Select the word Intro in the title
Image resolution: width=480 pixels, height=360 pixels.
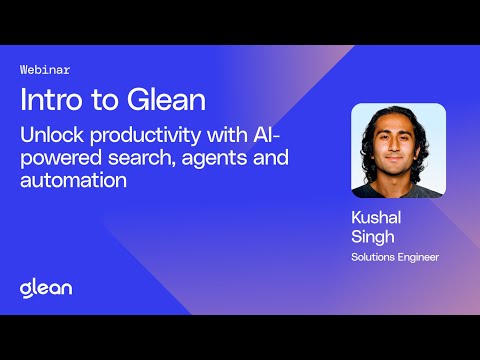[x=49, y=100]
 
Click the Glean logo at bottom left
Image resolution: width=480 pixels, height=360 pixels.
[x=45, y=288]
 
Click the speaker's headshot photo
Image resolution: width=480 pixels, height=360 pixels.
[x=397, y=151]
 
